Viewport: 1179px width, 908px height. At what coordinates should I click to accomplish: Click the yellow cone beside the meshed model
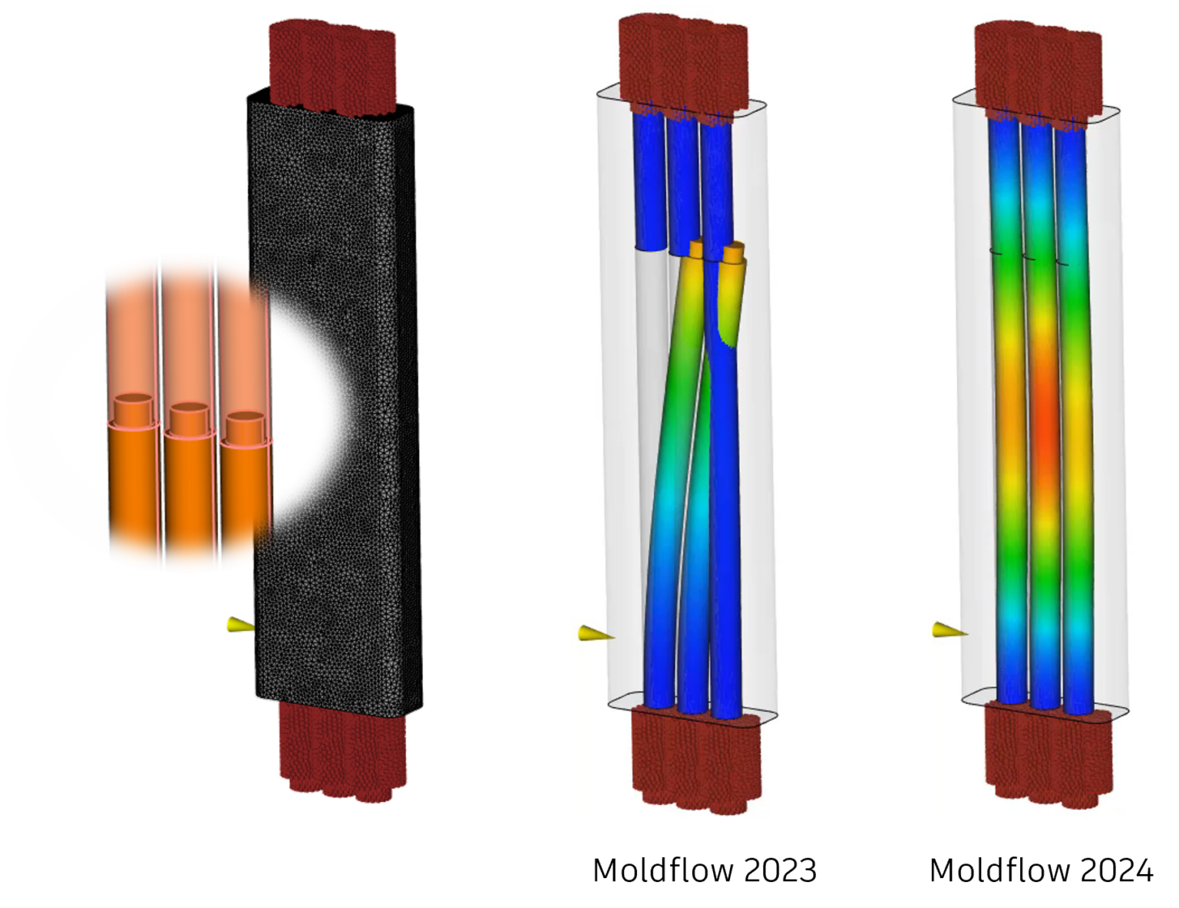239,626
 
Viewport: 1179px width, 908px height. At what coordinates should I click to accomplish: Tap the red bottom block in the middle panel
695,760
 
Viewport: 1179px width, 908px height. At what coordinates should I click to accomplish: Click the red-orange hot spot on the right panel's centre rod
1042,430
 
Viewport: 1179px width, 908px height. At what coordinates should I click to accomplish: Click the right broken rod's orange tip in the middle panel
733,253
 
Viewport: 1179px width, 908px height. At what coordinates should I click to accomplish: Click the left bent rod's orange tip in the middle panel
696,249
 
